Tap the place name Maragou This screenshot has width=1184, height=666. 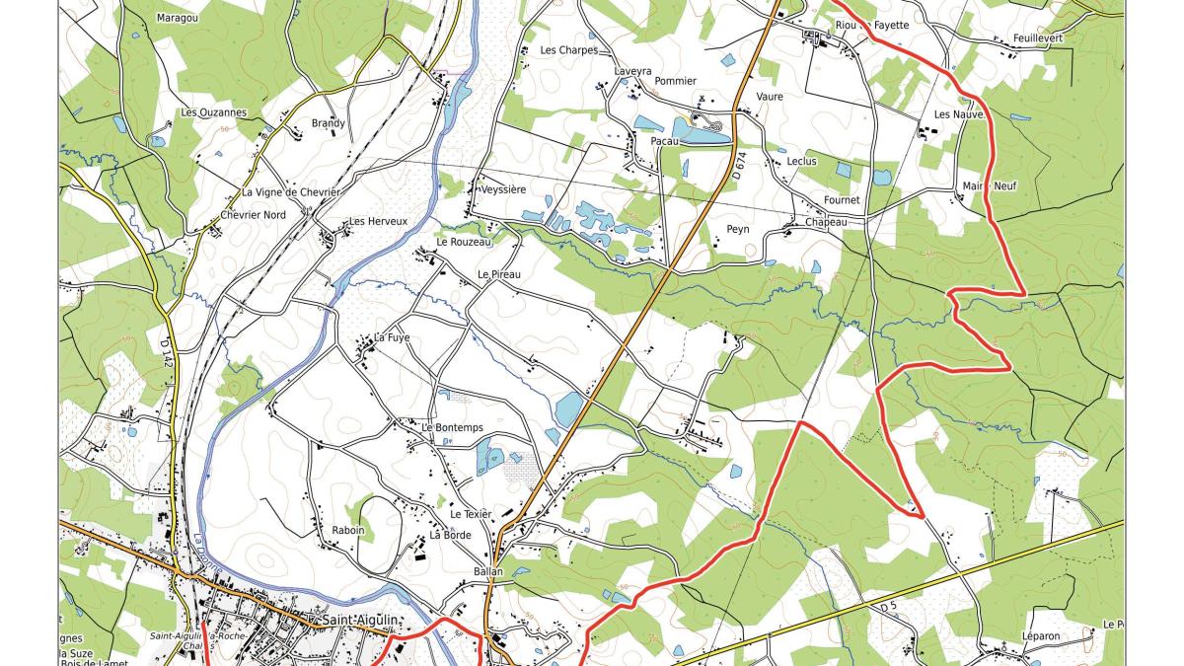178,18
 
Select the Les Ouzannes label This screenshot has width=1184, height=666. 213,112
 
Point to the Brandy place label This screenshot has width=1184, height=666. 329,123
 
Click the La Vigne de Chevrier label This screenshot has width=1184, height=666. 291,191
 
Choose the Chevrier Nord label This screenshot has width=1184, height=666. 254,215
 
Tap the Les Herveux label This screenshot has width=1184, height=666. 378,222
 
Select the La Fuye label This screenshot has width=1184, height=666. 391,337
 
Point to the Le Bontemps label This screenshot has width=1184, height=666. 452,427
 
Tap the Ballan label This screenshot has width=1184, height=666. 487,571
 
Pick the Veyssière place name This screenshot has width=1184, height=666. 501,188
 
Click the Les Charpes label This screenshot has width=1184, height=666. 568,50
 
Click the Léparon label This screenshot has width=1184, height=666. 1040,636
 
